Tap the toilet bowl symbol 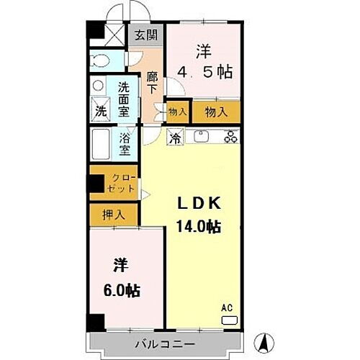(101, 61)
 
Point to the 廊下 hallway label (152, 83)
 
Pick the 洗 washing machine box (100, 112)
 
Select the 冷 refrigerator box (174, 137)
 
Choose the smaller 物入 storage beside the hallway (177, 111)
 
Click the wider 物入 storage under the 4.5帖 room (215, 111)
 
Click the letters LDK (198, 204)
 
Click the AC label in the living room (227, 308)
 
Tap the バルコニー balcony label (164, 344)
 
